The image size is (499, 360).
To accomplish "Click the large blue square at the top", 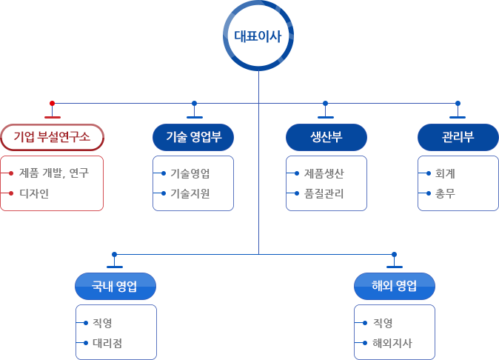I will [x=258, y=36].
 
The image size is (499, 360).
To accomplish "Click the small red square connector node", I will [x=52, y=103].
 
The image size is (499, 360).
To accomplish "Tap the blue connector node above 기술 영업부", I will [x=194, y=103].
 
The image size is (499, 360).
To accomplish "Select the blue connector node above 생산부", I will [x=325, y=103].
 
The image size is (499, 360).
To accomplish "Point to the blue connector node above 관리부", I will [x=458, y=103].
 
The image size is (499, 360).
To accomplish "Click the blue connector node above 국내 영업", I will [x=114, y=254].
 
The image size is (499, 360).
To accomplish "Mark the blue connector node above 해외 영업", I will [x=394, y=254].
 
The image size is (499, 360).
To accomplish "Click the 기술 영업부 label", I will [x=192, y=137].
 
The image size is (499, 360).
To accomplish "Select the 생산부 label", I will [x=326, y=137].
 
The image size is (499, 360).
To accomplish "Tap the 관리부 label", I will [x=458, y=137].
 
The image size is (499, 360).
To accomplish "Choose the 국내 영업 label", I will [x=115, y=287].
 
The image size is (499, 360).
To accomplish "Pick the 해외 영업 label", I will [x=395, y=286].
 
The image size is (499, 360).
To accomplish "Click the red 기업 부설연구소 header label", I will [x=52, y=136].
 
